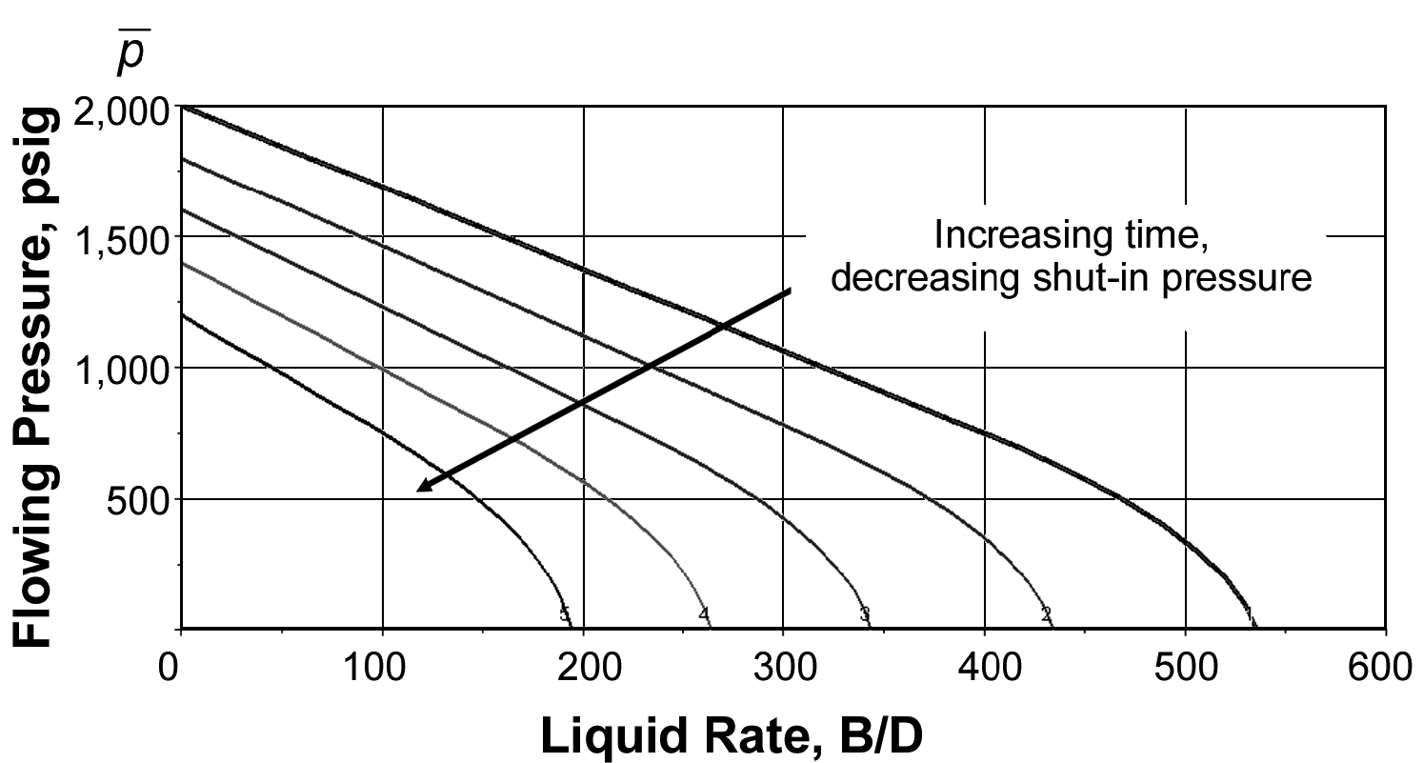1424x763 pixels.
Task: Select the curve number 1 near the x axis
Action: click(x=1249, y=613)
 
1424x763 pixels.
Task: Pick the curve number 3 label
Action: click(x=865, y=613)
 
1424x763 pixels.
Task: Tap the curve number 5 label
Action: click(x=565, y=614)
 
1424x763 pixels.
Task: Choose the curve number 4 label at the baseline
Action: click(x=704, y=613)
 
